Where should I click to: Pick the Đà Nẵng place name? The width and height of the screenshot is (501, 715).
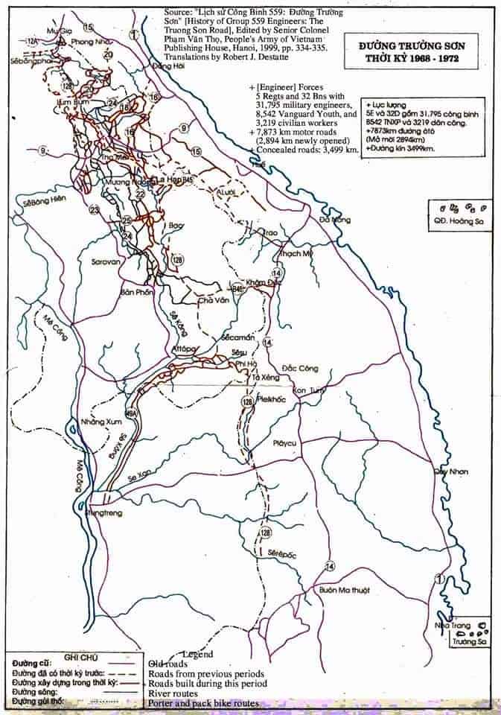[x=334, y=220]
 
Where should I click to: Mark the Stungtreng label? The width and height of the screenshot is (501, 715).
[x=103, y=513]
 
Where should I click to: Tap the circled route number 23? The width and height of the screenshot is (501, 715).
[x=95, y=210]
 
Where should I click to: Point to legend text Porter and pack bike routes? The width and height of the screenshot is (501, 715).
[x=203, y=703]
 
